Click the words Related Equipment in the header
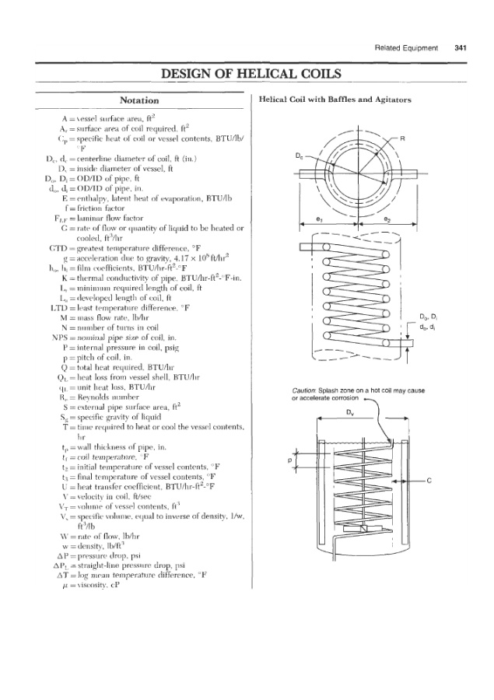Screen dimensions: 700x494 [x=412, y=47]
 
